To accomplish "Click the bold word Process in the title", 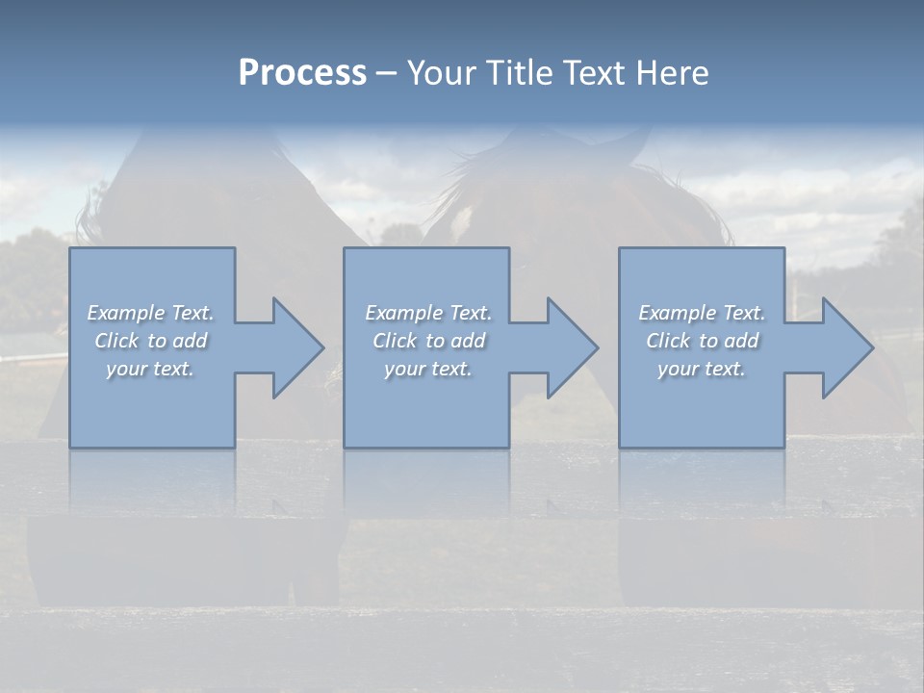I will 302,73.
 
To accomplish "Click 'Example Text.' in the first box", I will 150,313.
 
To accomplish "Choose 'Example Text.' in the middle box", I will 428,313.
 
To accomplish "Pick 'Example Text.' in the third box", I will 702,313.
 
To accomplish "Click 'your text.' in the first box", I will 150,369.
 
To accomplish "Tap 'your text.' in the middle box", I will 428,369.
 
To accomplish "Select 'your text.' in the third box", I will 702,369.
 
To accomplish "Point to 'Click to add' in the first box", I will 150,341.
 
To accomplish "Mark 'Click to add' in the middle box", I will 428,341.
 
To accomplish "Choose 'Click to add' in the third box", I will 702,341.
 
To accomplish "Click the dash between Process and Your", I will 386,73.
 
